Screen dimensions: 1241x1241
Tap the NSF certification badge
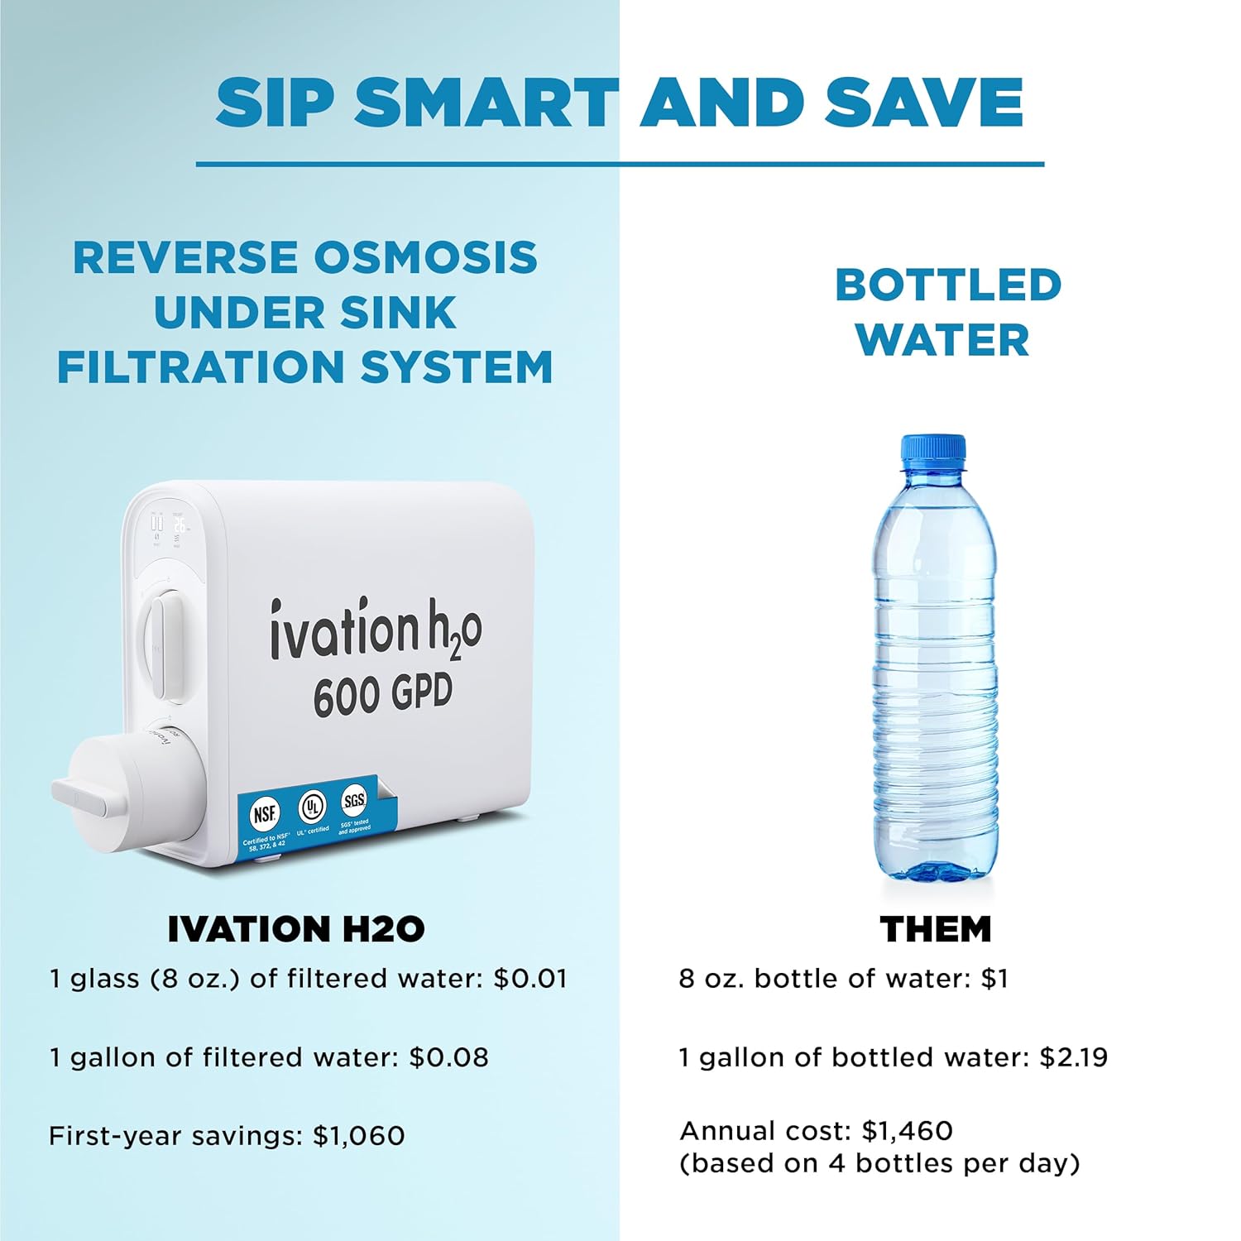[264, 814]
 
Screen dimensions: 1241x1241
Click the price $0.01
[530, 979]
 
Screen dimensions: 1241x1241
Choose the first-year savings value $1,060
[359, 1135]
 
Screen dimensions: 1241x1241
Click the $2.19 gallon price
[1074, 1057]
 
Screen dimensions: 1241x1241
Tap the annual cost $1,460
[908, 1130]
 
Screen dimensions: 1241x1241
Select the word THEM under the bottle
[936, 929]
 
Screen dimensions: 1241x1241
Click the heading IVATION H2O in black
[296, 929]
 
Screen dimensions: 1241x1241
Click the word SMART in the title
[487, 103]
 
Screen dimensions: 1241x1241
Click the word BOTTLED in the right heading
[948, 285]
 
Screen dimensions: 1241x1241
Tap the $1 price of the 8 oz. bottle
[994, 979]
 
